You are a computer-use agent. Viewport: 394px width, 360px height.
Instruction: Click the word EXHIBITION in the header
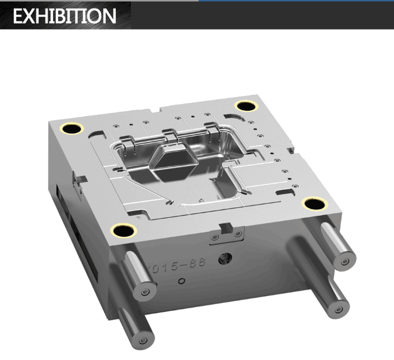click(64, 16)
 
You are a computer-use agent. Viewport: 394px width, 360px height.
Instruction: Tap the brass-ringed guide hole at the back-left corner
click(72, 129)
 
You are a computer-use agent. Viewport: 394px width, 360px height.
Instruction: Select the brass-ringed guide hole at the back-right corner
click(246, 106)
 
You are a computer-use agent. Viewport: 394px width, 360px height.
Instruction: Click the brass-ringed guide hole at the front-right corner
click(315, 204)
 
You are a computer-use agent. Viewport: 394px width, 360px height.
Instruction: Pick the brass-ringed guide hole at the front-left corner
click(123, 230)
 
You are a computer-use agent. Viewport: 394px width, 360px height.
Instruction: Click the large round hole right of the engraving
click(225, 258)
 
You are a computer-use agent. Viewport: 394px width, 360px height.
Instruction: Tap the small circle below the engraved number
click(181, 281)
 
